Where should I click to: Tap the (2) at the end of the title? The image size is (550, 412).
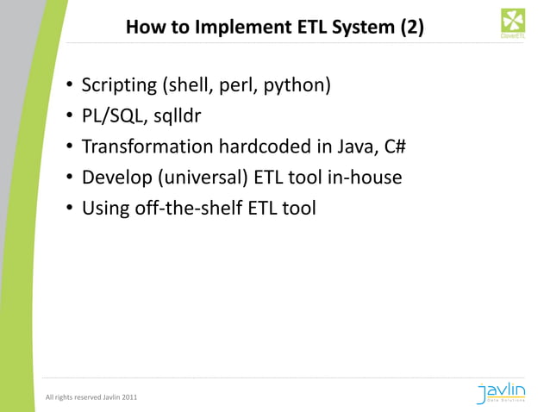pos(412,28)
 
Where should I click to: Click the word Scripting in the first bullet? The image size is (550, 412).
pos(118,86)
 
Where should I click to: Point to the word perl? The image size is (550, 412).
pos(237,86)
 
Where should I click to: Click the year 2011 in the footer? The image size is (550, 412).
pos(126,397)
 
